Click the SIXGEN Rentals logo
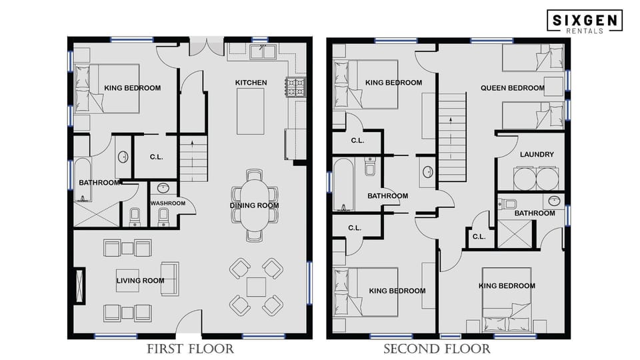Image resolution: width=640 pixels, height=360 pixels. tap(585, 21)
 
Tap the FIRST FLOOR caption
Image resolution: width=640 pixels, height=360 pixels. tap(190, 349)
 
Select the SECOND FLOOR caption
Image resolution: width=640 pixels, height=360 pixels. tap(437, 349)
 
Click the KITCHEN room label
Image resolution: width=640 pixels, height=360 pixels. tap(251, 83)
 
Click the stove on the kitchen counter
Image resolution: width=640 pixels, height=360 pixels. tap(295, 86)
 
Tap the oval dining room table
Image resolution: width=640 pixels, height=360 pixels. tap(255, 205)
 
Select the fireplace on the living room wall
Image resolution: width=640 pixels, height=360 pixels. tap(81, 285)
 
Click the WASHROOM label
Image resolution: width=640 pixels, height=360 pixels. tap(167, 203)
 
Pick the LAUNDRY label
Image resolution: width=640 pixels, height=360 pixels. tap(537, 155)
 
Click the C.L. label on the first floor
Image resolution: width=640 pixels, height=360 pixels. tap(157, 157)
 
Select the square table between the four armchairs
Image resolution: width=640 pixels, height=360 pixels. tap(256, 287)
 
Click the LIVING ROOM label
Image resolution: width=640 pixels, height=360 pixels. tap(140, 281)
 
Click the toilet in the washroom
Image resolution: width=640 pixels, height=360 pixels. tap(163, 215)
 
